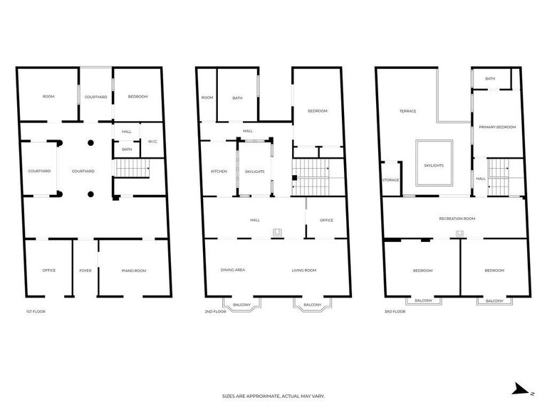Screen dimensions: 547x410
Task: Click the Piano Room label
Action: [134, 270]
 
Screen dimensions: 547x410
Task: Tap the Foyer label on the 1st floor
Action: [85, 270]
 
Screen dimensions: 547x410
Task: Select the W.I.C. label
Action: [153, 142]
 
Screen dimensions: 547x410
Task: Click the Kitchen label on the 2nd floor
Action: [219, 172]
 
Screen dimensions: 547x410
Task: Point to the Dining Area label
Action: [233, 270]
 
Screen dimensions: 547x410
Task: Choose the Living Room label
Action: [304, 270]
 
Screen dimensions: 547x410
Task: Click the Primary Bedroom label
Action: [497, 127]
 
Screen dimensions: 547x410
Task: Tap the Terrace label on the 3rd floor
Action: [408, 111]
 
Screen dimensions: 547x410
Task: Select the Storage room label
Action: [391, 180]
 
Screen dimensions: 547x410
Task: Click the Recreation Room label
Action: [457, 219]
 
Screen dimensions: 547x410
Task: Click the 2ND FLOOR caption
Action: [215, 311]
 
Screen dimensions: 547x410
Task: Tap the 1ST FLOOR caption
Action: [36, 311]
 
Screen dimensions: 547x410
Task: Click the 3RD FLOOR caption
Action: [395, 311]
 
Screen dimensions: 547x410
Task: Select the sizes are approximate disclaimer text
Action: [273, 396]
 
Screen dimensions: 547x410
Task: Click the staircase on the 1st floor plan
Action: [132, 168]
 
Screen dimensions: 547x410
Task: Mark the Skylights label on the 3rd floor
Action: [434, 166]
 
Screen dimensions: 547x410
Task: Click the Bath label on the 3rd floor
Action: [490, 79]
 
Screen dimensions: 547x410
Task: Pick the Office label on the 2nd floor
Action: [326, 221]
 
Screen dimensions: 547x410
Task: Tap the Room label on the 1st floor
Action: [48, 97]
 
